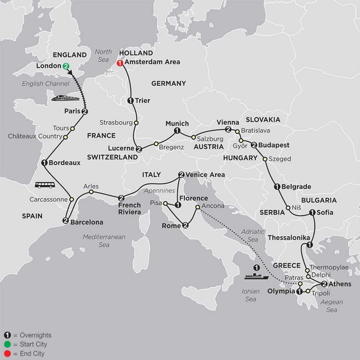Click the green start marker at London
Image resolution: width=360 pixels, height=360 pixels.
tap(65, 66)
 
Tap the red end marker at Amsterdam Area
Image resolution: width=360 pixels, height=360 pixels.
tap(119, 63)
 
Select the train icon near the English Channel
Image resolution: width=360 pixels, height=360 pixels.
tap(65, 98)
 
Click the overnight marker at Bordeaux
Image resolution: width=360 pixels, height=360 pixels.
tap(44, 163)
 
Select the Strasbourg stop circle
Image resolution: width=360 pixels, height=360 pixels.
tap(136, 123)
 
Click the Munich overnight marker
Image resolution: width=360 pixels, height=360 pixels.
tap(177, 131)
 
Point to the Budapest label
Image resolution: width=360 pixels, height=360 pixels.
tap(274, 145)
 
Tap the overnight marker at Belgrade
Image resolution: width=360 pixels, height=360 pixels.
tap(276, 186)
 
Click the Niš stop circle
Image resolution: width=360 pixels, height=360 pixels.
tap(288, 208)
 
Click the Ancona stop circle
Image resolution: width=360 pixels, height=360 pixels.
tap(198, 207)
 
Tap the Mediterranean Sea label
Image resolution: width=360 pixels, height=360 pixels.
tap(104, 241)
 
